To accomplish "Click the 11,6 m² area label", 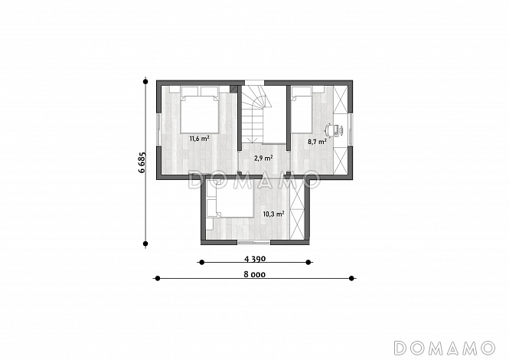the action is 199,139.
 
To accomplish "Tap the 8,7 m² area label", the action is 317,142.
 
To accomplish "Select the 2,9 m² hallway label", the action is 263,159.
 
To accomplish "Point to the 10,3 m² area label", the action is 274,214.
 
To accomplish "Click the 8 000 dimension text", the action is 254,274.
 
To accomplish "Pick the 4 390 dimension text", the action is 255,259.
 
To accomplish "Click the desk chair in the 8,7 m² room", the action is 331,130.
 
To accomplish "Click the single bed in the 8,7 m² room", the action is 302,110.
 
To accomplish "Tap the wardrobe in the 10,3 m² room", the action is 297,210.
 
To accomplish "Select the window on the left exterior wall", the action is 158,129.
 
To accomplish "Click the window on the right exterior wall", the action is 351,129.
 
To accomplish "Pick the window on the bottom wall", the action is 253,242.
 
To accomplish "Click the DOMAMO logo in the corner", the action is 445,349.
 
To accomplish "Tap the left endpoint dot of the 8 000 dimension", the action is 158,278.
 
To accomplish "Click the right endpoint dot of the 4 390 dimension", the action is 308,262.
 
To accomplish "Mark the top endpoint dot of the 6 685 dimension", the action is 145,81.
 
